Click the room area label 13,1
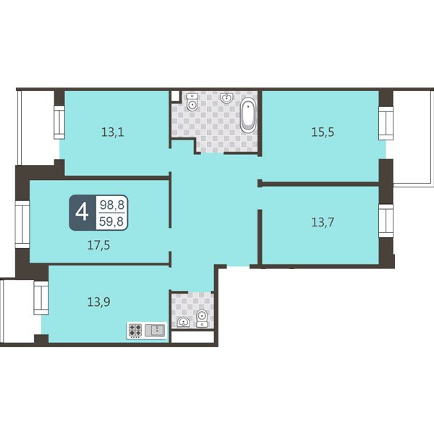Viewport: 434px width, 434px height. [112, 132]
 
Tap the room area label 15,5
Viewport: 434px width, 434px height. [323, 132]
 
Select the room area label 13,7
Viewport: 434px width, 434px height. [323, 222]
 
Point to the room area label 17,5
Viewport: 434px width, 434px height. [98, 245]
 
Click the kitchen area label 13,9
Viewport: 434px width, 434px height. [98, 302]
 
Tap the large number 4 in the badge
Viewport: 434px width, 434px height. [82, 213]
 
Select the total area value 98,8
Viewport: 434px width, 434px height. [112, 205]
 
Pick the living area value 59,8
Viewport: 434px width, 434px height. [111, 221]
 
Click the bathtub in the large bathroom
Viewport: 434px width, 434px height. [247, 115]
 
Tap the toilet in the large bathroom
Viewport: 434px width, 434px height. [192, 102]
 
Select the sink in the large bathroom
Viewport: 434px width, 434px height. [226, 98]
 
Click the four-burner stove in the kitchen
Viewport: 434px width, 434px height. [135, 331]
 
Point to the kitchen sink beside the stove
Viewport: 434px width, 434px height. [155, 330]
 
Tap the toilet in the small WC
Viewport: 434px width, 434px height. [202, 318]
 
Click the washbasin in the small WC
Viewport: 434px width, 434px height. [183, 322]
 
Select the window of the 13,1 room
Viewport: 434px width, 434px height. [59, 122]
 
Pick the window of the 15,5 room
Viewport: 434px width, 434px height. [386, 123]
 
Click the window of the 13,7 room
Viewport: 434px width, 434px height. [386, 221]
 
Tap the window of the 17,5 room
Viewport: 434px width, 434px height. [22, 224]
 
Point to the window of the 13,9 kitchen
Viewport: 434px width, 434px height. [41, 298]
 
